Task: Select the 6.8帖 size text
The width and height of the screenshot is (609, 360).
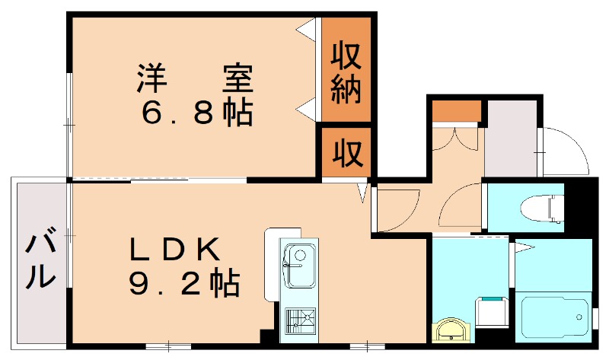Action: (x=197, y=113)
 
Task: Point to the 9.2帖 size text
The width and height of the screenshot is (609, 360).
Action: (x=183, y=283)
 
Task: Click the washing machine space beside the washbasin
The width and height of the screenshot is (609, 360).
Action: (x=491, y=314)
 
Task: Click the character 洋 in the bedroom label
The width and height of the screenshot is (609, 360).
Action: (x=152, y=78)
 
